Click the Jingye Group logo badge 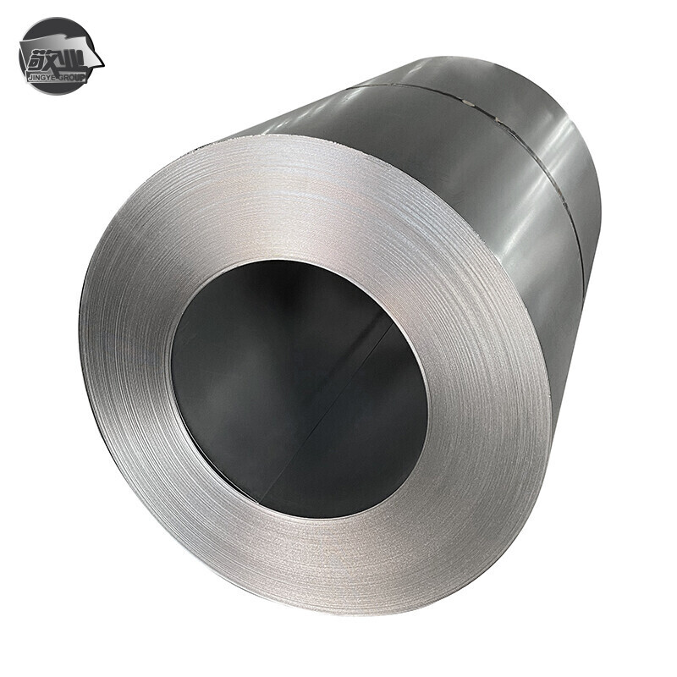(59, 56)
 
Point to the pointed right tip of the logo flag (102, 64)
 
